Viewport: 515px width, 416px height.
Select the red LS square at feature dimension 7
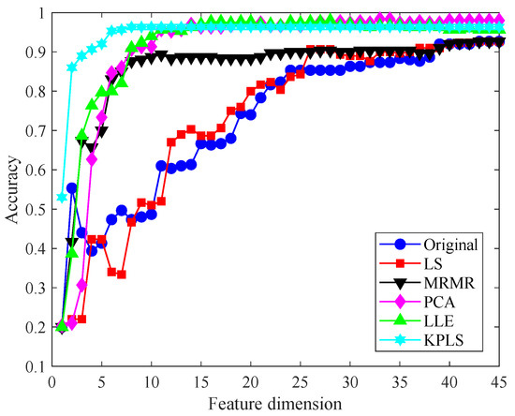click(x=122, y=275)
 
